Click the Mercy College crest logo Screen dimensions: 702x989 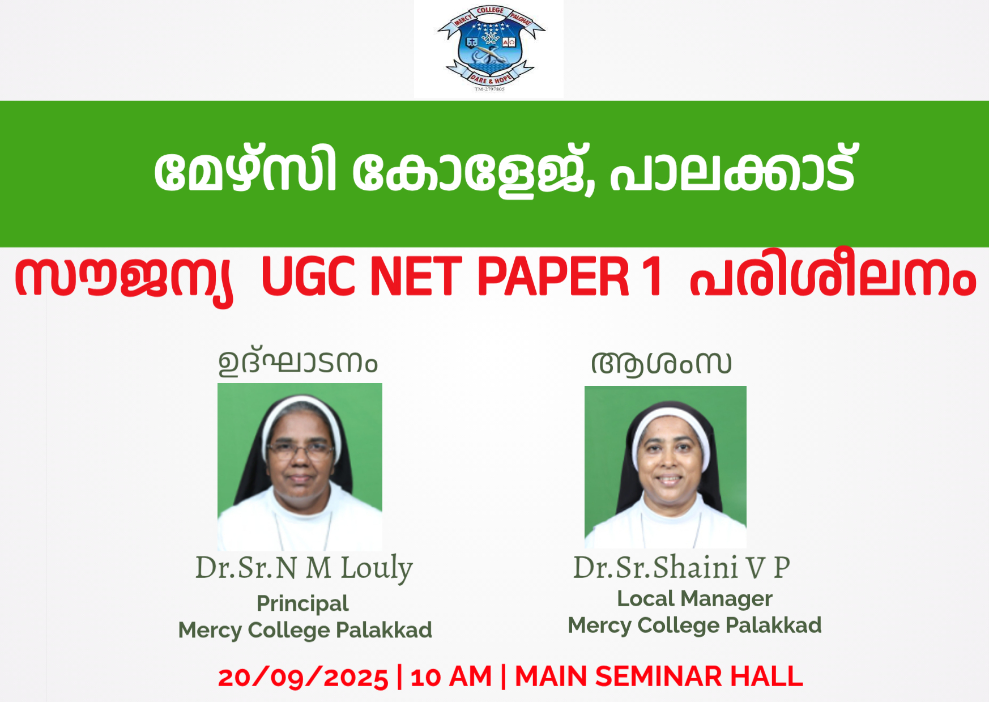coord(490,49)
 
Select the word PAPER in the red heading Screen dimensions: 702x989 coord(553,276)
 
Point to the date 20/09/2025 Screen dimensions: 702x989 coord(303,677)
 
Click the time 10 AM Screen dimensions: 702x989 coord(451,677)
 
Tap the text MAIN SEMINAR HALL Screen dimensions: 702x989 coord(659,677)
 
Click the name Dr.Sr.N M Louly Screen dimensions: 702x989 coord(304,568)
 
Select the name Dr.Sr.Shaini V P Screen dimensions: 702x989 coord(681,567)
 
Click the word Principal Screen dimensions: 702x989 coord(302,603)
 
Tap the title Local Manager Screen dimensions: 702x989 coord(694,598)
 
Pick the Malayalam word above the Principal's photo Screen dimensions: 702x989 coord(298,363)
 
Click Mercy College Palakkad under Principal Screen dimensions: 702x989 coord(305,630)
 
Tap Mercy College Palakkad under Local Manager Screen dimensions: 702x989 coord(694,626)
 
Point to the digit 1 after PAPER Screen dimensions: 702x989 coord(651,276)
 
